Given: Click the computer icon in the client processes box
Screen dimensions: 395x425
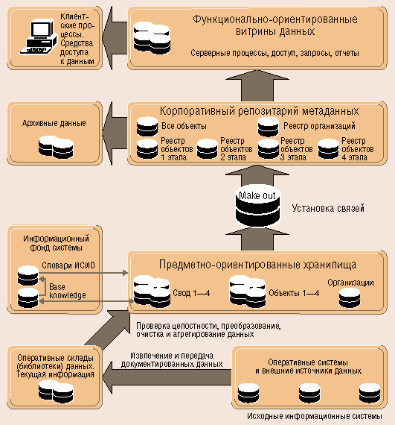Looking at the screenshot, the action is [x=39, y=37].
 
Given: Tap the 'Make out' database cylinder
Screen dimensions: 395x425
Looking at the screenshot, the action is [x=257, y=206].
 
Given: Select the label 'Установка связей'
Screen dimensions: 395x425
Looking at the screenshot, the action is [x=328, y=208].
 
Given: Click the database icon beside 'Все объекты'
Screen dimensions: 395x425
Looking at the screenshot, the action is [x=147, y=126].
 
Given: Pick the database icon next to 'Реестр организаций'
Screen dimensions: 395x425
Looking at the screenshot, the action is [x=269, y=126].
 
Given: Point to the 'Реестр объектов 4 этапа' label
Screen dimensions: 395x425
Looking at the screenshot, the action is [x=357, y=149].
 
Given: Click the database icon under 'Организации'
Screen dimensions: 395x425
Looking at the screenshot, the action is [x=350, y=297].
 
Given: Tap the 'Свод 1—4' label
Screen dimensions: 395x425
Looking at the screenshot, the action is [x=191, y=293].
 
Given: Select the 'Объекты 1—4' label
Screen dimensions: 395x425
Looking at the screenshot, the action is [x=294, y=293].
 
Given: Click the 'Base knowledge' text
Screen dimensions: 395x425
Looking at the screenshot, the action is [x=68, y=291].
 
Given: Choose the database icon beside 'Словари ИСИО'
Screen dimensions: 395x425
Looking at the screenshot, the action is [x=28, y=276].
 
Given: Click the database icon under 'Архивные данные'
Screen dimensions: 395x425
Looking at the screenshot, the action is [x=56, y=148].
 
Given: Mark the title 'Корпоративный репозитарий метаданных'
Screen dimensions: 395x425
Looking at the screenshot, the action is [x=260, y=111].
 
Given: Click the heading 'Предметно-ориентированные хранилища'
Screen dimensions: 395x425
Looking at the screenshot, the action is [x=257, y=265].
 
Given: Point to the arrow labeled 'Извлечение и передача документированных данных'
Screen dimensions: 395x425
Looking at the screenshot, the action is [x=167, y=377].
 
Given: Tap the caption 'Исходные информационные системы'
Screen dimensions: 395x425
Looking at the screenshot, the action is [x=315, y=416].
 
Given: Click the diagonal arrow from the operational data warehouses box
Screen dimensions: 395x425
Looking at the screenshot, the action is [x=108, y=329].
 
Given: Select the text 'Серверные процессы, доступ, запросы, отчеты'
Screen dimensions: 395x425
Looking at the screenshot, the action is [x=274, y=53].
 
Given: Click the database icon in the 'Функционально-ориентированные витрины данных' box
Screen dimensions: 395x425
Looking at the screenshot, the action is [x=152, y=37].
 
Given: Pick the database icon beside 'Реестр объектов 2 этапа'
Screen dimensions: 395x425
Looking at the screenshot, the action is [x=207, y=149].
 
